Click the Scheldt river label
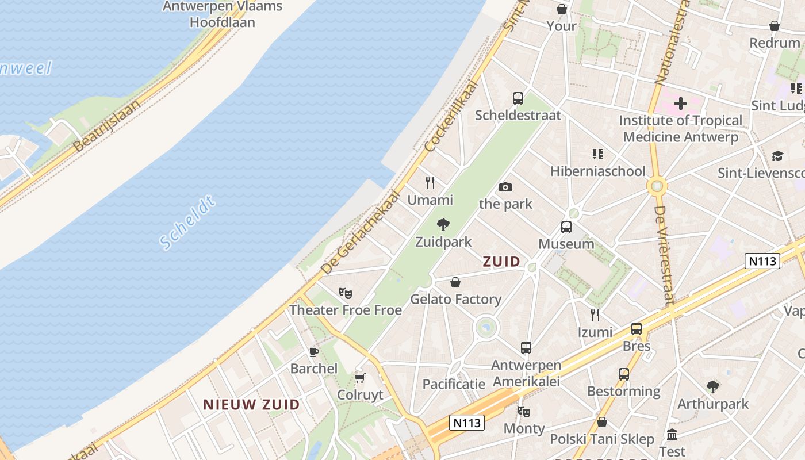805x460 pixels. point(188,223)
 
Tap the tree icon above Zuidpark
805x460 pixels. point(443,225)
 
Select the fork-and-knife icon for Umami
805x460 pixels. point(430,183)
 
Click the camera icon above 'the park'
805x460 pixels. point(505,187)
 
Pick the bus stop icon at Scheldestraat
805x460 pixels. point(517,98)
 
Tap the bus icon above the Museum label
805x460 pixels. point(566,227)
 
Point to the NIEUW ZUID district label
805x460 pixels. point(251,404)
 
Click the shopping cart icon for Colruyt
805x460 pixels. point(360,378)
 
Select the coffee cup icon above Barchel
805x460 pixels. point(314,351)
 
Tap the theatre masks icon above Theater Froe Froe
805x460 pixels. point(345,293)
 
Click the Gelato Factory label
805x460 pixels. point(455,299)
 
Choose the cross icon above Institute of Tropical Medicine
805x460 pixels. point(681,103)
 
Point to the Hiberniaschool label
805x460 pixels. point(598,171)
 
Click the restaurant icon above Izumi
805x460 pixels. point(595,315)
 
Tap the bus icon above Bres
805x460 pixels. point(637,329)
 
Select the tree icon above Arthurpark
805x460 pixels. point(713,386)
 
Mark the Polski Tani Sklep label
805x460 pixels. point(602,439)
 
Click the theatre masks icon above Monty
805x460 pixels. point(523,411)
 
